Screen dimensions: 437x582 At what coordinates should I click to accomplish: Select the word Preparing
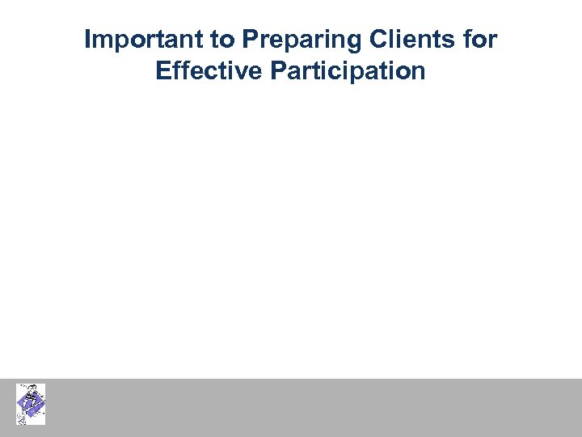[285, 40]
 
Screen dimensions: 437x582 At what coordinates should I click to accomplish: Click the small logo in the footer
[31, 404]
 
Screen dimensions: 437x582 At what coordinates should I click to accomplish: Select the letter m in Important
[107, 40]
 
